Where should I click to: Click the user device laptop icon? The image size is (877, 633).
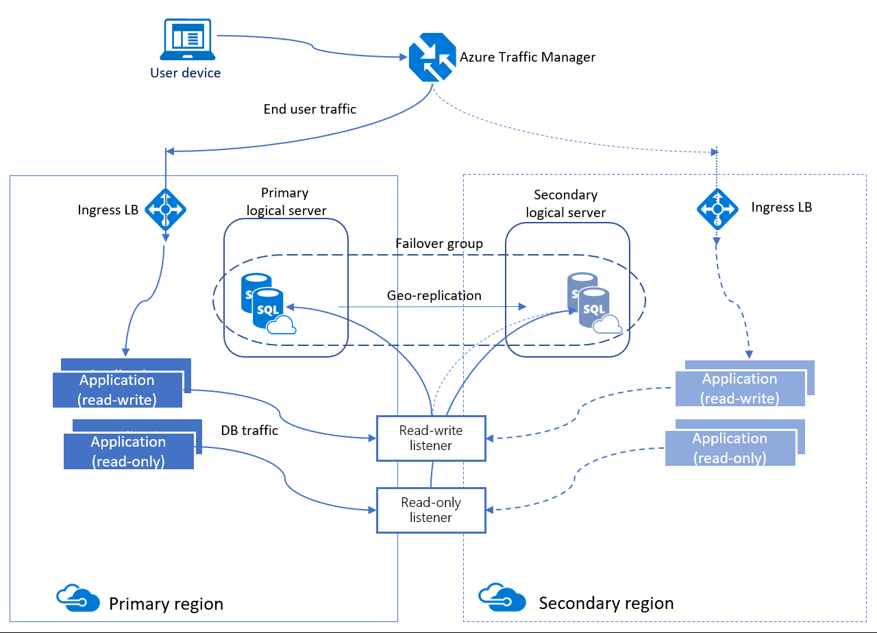186,40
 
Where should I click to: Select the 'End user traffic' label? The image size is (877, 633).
310,109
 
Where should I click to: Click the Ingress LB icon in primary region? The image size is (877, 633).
165,209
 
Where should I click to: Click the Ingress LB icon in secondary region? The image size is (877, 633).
717,208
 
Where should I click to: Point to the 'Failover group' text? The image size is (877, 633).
438,244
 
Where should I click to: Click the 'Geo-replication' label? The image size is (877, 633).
434,296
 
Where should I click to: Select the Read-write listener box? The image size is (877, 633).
431,438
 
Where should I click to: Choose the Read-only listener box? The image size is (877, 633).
431,510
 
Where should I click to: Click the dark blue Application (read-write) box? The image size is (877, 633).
117,390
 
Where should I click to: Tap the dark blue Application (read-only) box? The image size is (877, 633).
128,451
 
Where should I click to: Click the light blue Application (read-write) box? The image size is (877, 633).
739,388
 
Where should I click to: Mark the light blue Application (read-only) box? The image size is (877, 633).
730,448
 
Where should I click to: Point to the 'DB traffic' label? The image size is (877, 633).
249,431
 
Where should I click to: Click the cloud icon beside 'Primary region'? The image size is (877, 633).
75,597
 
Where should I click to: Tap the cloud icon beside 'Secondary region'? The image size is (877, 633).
502,597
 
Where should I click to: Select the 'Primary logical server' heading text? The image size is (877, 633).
285,201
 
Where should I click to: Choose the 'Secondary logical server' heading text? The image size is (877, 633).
566,203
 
